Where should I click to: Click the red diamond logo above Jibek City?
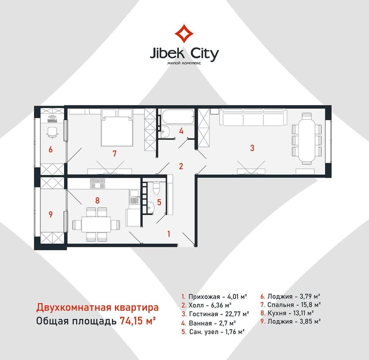click(184, 33)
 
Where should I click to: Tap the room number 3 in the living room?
click(252, 148)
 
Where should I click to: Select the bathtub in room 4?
click(177, 116)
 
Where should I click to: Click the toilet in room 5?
click(156, 188)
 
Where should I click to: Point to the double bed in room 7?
click(117, 128)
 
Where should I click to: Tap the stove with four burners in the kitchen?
click(97, 183)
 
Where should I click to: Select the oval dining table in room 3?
click(306, 139)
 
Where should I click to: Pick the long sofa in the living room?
click(253, 117)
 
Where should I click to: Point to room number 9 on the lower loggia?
click(51, 214)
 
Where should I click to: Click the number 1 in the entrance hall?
click(169, 234)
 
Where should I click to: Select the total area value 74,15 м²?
click(138, 320)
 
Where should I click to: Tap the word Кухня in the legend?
click(277, 313)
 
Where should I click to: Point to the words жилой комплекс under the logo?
click(184, 63)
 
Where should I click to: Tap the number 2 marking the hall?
click(181, 167)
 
